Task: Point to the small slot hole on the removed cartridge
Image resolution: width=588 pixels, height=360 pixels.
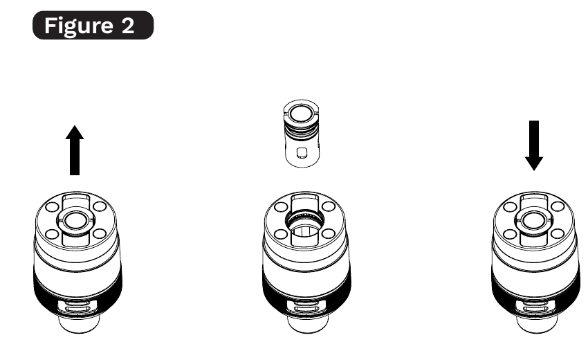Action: (x=301, y=152)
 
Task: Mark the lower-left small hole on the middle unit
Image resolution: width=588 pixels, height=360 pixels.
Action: (x=279, y=234)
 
